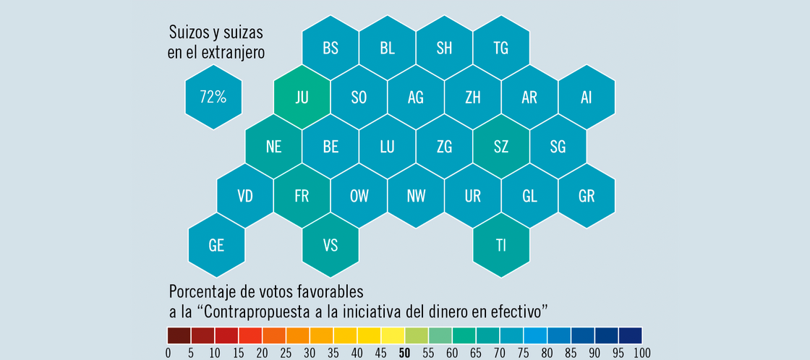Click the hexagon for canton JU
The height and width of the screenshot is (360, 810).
pos(302,98)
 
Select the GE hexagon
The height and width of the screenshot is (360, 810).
pos(216,245)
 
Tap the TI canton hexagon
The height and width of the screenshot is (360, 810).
pos(500,245)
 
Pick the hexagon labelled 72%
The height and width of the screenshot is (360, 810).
pos(213,98)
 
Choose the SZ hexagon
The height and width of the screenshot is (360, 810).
pos(500,147)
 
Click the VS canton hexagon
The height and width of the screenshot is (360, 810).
pos(330,245)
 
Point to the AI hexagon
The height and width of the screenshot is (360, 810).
pos(586,98)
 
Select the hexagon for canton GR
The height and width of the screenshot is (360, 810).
pos(586,196)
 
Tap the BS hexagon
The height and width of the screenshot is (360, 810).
pos(330,48)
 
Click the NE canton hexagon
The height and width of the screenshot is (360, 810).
pos(273,147)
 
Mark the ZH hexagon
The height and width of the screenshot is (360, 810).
pos(472,98)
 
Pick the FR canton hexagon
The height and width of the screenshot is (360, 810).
pos(302,196)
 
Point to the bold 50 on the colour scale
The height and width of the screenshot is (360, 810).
pos(405,353)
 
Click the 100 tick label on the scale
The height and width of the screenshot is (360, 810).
pos(641,353)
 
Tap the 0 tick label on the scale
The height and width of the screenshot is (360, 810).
pos(169,353)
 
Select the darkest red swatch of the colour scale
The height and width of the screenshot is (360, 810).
pos(179,335)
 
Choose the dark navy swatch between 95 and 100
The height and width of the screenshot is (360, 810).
pos(630,335)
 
